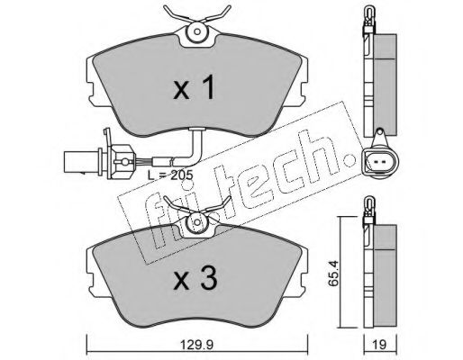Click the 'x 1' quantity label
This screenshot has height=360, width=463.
tap(195, 87)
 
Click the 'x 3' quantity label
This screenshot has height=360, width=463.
tap(195, 279)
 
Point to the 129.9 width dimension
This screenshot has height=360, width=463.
tap(196, 345)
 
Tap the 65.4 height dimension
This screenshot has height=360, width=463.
tap(335, 274)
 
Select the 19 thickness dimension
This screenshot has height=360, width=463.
tap(380, 345)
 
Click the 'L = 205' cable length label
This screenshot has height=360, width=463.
tap(170, 175)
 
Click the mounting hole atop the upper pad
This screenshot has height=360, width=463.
tap(197, 31)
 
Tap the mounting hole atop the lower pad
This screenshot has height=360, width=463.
tap(197, 222)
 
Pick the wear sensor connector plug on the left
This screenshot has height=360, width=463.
tap(98, 161)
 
